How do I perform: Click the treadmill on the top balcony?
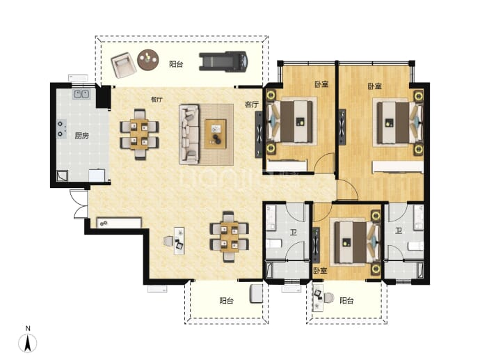click(223, 61)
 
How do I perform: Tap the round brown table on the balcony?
click(148, 60)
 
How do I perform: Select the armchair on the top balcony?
click(123, 65)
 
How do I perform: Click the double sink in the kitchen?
click(81, 94)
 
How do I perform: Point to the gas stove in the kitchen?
click(61, 129)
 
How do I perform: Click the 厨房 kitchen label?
click(81, 136)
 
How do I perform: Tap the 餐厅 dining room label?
click(157, 100)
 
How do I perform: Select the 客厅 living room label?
click(252, 104)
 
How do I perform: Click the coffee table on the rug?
click(216, 134)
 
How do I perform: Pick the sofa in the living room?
click(189, 134)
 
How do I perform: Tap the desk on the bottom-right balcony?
click(317, 297)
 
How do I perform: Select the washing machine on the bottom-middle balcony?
click(256, 294)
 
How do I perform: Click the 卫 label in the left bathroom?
click(293, 233)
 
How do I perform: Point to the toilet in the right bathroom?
click(416, 246)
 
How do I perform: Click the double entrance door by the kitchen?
click(79, 204)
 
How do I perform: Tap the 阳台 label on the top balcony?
click(176, 64)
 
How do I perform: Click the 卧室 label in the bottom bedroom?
click(320, 271)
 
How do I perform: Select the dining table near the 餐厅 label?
click(139, 134)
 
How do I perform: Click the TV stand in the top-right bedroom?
click(342, 127)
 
